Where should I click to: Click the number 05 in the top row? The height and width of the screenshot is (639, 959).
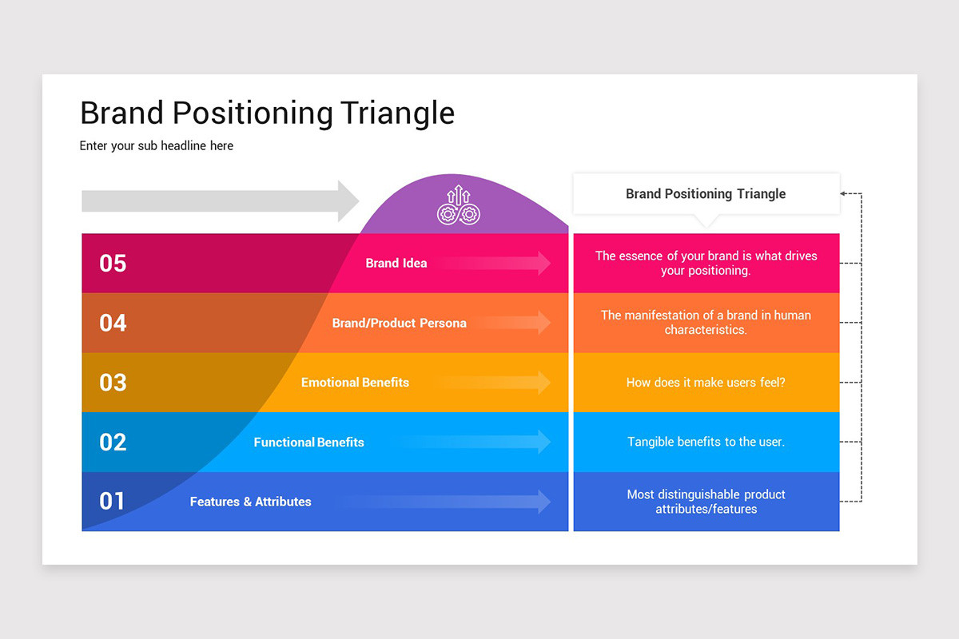click(113, 264)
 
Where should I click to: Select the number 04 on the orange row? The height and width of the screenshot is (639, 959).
click(113, 323)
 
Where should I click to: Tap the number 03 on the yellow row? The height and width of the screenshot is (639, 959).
click(113, 383)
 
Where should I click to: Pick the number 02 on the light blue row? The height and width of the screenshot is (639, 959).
click(113, 443)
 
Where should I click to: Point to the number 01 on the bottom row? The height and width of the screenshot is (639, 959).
click(112, 502)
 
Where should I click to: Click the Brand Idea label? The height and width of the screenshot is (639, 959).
click(396, 264)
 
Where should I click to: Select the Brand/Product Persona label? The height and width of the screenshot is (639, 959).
click(399, 323)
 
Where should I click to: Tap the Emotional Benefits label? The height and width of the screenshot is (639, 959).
click(355, 383)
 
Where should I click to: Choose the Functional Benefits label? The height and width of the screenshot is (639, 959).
click(308, 443)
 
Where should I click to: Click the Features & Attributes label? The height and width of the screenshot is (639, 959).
click(250, 502)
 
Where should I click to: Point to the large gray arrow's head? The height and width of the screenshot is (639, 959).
click(348, 201)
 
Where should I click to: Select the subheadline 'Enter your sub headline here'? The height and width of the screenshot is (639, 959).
click(157, 146)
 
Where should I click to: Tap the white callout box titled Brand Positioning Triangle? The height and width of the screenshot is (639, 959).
click(706, 194)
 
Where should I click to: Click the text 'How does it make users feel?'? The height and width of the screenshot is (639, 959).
click(706, 383)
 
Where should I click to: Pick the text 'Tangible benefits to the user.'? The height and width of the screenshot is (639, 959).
click(706, 442)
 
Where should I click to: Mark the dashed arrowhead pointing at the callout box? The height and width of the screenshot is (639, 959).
click(845, 193)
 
